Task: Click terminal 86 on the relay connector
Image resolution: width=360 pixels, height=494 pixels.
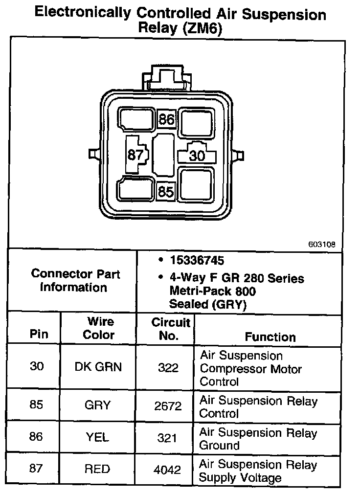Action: point(166,119)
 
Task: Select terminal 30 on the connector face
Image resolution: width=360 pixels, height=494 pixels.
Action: point(197,156)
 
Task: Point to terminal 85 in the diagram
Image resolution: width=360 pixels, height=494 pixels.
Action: point(166,191)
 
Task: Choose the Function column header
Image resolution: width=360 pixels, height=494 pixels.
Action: point(270,337)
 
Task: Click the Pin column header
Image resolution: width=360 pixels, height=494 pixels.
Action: point(39,335)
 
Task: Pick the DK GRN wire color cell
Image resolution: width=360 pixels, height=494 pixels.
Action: point(98,367)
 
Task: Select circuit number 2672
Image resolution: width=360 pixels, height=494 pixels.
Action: point(167,406)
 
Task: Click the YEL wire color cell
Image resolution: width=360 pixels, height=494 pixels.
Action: point(98,438)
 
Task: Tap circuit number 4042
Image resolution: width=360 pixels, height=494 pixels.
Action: point(167,470)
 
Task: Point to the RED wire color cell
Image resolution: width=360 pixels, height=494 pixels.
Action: point(98,470)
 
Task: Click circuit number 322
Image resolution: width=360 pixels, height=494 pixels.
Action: point(168,368)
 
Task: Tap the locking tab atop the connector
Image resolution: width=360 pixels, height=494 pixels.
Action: point(166,77)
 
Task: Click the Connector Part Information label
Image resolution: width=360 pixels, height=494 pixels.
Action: point(73,281)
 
